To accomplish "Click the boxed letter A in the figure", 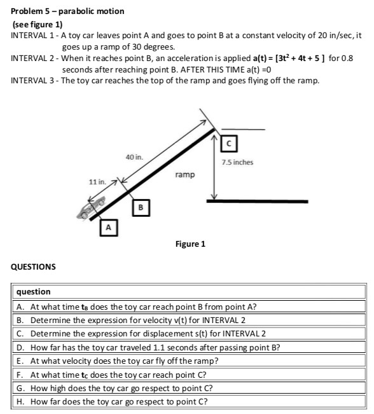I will click(109, 226).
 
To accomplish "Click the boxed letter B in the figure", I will click(142, 207).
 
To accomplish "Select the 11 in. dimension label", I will click(98, 183).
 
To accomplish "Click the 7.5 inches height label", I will click(238, 162).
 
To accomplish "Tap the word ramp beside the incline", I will click(184, 174).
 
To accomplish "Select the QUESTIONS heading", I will click(33, 266).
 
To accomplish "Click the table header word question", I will click(33, 291).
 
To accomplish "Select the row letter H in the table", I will click(19, 401).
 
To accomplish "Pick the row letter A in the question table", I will click(19, 306).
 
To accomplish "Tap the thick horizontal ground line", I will click(257, 201).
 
